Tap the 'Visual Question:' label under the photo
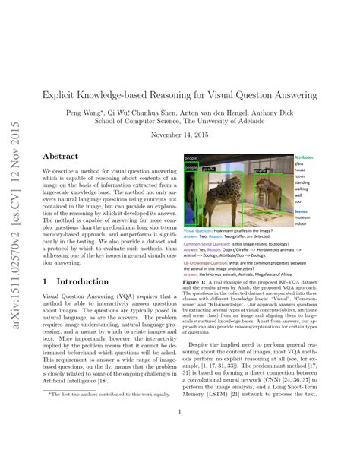tap(201, 231)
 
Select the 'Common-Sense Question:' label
tap(210, 245)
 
